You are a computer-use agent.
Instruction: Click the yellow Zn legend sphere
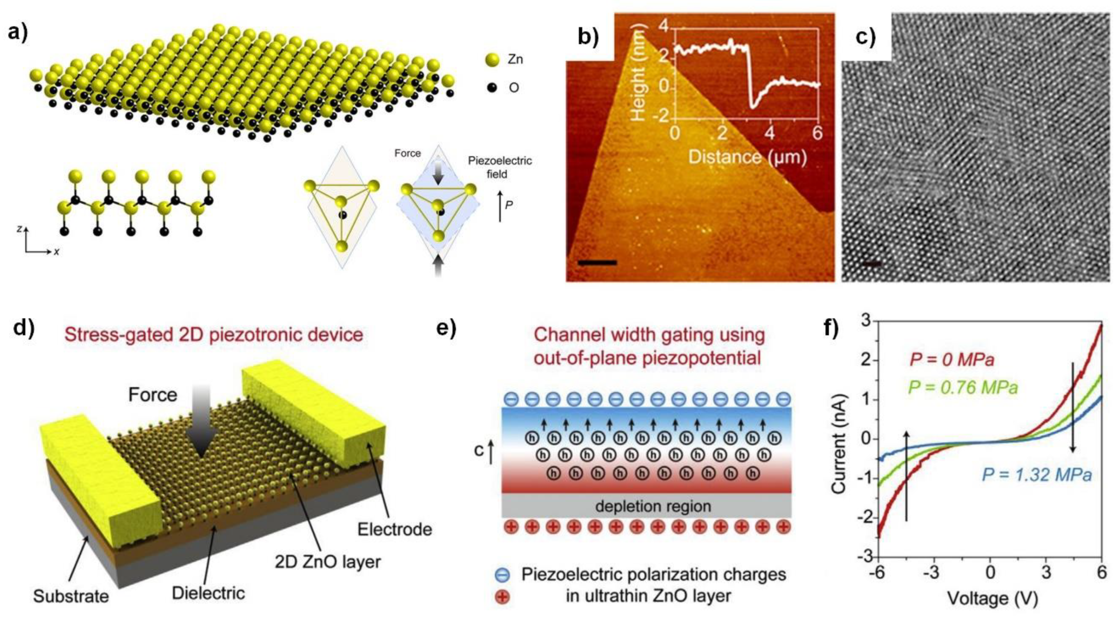pyautogui.click(x=492, y=60)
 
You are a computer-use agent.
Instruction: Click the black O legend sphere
pyautogui.click(x=492, y=88)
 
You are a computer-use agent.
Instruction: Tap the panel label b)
pyautogui.click(x=588, y=38)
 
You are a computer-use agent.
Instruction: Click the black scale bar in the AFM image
pyautogui.click(x=597, y=262)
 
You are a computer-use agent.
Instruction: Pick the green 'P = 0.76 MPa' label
pyautogui.click(x=963, y=387)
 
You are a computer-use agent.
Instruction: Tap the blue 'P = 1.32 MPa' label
pyautogui.click(x=1036, y=475)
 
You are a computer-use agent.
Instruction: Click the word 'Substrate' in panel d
pyautogui.click(x=71, y=596)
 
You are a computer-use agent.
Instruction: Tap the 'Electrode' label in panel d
pyautogui.click(x=394, y=529)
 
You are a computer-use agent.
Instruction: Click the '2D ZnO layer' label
pyautogui.click(x=328, y=562)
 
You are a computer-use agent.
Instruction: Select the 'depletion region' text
pyautogui.click(x=647, y=506)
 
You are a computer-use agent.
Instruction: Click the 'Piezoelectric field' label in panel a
pyautogui.click(x=500, y=167)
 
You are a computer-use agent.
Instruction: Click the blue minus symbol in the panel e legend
pyautogui.click(x=503, y=575)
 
